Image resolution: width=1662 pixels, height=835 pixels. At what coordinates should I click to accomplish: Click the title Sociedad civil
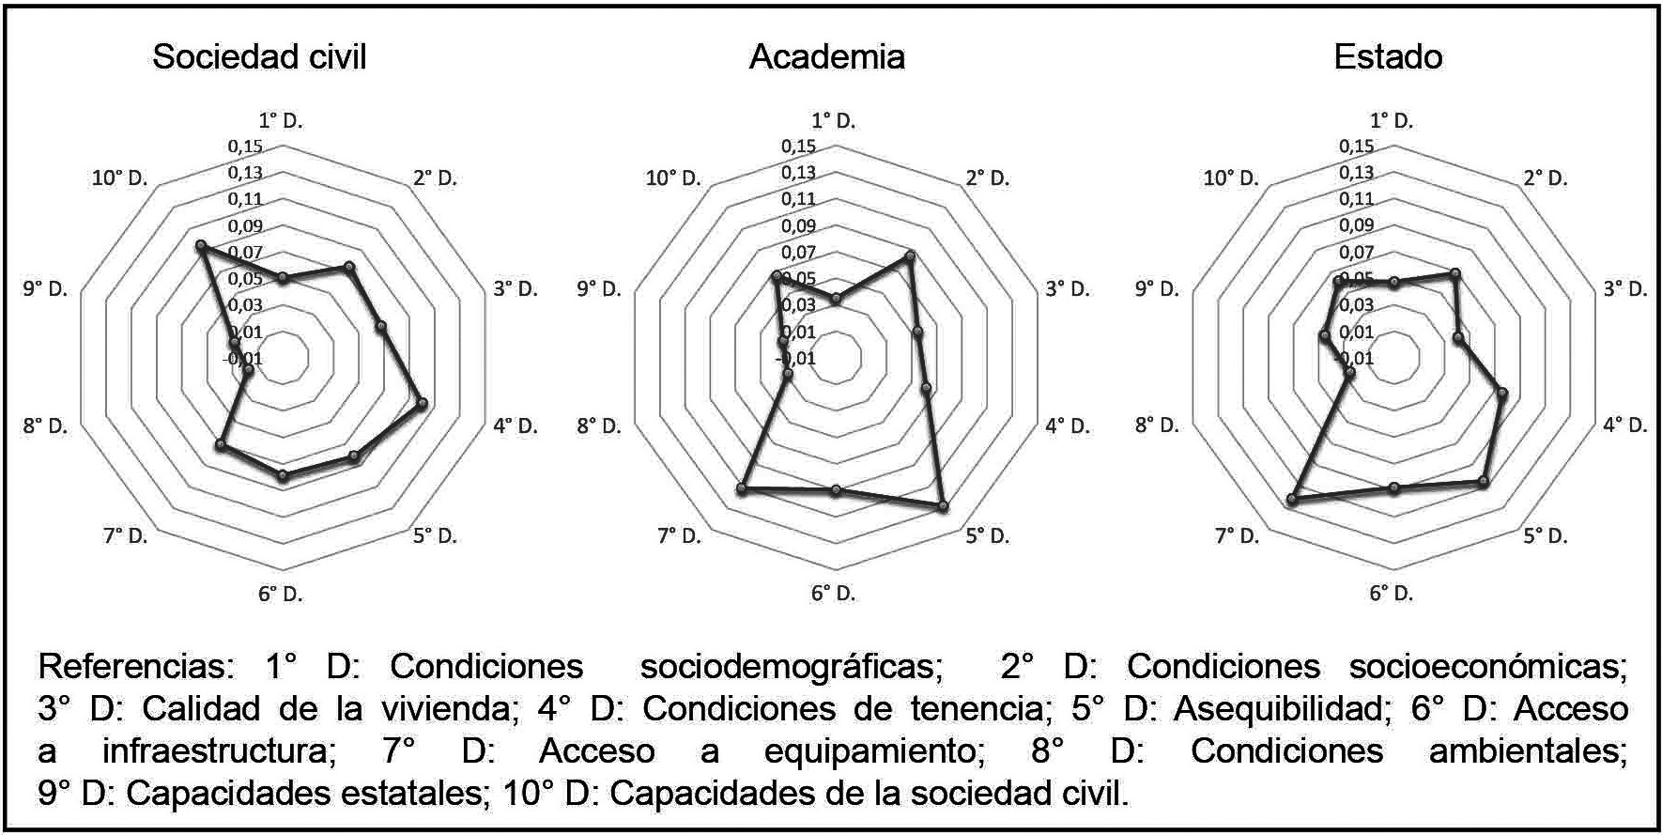pyautogui.click(x=259, y=57)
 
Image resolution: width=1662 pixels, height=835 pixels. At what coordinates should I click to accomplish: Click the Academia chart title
pyautogui.click(x=826, y=57)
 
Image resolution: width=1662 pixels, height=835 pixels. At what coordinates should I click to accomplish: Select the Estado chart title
pyautogui.click(x=1388, y=57)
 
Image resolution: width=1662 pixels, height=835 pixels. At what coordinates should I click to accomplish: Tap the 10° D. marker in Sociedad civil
pyautogui.click(x=199, y=246)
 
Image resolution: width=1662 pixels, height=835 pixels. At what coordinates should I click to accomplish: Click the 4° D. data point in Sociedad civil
pyautogui.click(x=422, y=404)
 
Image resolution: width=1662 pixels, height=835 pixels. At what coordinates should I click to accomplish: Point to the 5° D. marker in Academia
pyautogui.click(x=943, y=507)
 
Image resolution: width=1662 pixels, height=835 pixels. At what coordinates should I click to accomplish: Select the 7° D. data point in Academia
pyautogui.click(x=742, y=489)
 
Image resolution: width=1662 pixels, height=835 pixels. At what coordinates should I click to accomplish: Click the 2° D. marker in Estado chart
pyautogui.click(x=1454, y=274)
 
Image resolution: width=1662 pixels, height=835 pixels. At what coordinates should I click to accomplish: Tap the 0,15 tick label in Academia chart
pyautogui.click(x=798, y=147)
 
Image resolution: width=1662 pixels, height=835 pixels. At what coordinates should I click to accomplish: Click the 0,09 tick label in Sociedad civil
pyautogui.click(x=245, y=226)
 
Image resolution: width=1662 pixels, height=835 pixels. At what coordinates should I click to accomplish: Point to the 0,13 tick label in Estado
pyautogui.click(x=1356, y=173)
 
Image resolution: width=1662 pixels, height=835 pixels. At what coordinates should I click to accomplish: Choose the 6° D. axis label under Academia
pyautogui.click(x=834, y=594)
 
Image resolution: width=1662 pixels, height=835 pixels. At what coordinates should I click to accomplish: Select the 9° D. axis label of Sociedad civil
pyautogui.click(x=45, y=288)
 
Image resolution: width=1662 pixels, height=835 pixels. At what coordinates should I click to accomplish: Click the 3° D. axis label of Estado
pyautogui.click(x=1624, y=288)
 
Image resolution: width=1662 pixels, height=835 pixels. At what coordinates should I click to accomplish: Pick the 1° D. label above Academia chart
pyautogui.click(x=834, y=120)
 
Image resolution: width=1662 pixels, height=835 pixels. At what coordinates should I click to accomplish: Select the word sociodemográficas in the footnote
pyautogui.click(x=791, y=667)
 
